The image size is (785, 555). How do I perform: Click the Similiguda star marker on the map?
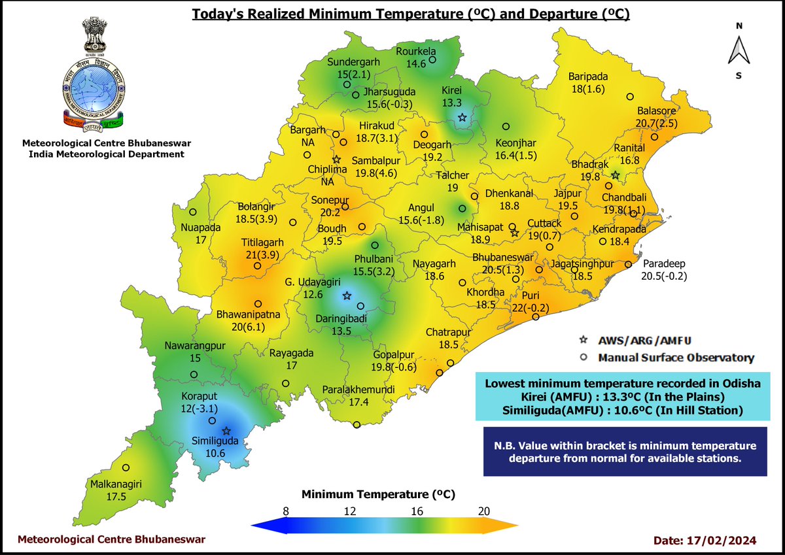(x=226, y=431)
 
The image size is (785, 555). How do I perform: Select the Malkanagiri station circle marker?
(x=126, y=467)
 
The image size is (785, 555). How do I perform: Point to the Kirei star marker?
(x=462, y=118)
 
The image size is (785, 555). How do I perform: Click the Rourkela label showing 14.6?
(x=416, y=63)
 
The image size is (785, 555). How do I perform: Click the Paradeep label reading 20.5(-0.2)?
(x=665, y=276)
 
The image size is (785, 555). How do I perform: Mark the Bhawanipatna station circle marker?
(x=258, y=303)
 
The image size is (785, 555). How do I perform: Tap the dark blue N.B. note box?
(x=624, y=452)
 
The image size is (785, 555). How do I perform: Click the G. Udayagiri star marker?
(x=347, y=295)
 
